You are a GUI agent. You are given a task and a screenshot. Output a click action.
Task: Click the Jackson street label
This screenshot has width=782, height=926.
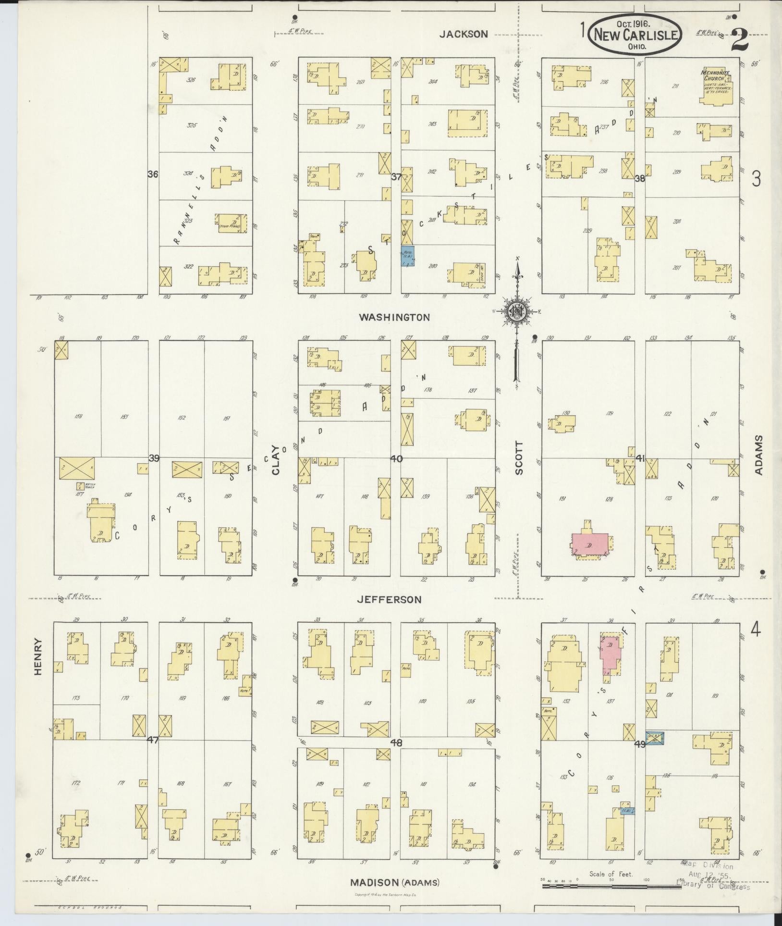(x=464, y=34)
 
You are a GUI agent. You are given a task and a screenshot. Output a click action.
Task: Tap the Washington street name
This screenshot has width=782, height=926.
(x=394, y=317)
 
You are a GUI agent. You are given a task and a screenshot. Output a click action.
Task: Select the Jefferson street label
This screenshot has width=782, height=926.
(x=390, y=599)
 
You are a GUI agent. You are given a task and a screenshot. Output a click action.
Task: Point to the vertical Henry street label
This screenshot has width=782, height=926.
(x=39, y=656)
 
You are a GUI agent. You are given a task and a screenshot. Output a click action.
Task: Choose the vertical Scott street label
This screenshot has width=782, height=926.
(x=519, y=458)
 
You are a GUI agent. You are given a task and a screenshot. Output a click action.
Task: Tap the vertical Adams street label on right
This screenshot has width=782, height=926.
(x=758, y=455)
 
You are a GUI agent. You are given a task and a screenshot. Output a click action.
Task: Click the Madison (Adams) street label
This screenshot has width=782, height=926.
(x=394, y=882)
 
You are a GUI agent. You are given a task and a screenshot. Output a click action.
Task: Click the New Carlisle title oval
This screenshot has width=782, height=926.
(x=636, y=34)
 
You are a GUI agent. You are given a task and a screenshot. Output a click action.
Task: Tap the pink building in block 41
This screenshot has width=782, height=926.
(x=589, y=544)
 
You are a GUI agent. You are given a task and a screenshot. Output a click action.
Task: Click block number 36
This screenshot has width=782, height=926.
(x=153, y=174)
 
